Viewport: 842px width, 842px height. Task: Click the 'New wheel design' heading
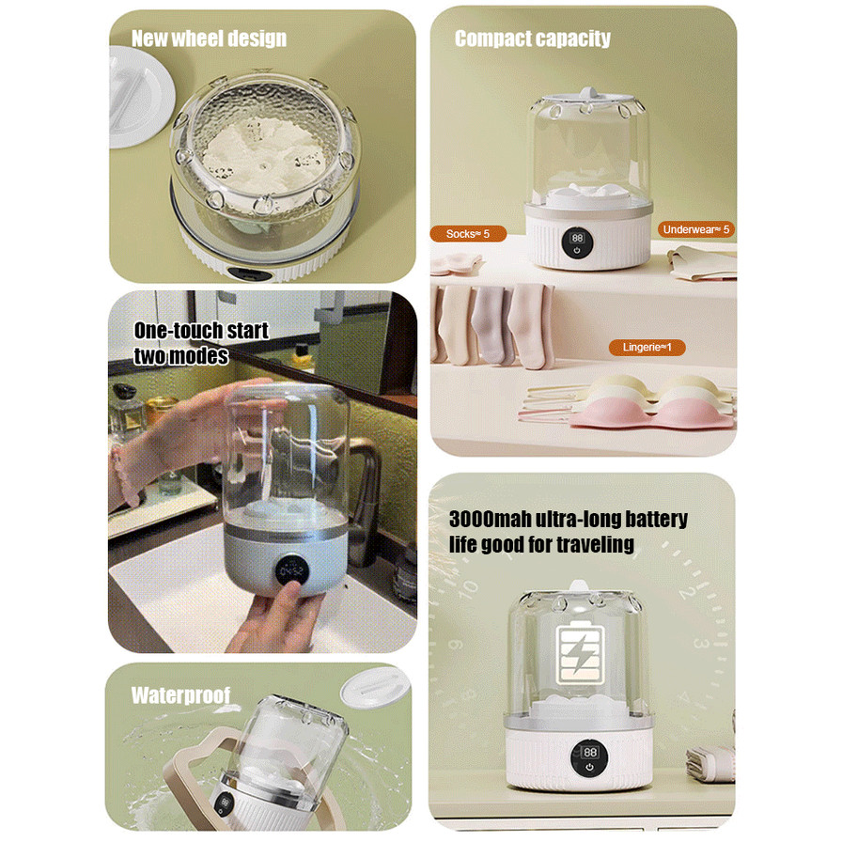pyautogui.click(x=209, y=39)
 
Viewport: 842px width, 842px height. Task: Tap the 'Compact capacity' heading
pyautogui.click(x=532, y=39)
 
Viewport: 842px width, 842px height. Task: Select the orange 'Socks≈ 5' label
pyautogui.click(x=468, y=234)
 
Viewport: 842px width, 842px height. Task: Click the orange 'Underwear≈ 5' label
pyautogui.click(x=696, y=229)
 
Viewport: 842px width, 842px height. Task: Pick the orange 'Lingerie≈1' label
pyautogui.click(x=647, y=347)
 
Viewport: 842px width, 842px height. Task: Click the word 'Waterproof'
pyautogui.click(x=180, y=694)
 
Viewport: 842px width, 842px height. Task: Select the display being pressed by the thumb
pyautogui.click(x=291, y=570)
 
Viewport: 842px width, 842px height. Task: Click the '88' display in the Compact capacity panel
pyautogui.click(x=577, y=242)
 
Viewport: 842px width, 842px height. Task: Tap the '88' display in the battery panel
pyautogui.click(x=589, y=757)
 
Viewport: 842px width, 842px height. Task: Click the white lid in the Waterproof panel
pyautogui.click(x=375, y=687)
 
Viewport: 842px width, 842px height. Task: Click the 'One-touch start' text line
pyautogui.click(x=201, y=330)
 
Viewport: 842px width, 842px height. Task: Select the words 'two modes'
pyautogui.click(x=181, y=355)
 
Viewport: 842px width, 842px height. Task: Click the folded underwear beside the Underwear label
pyautogui.click(x=701, y=262)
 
